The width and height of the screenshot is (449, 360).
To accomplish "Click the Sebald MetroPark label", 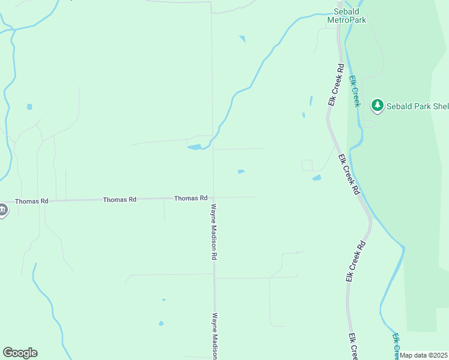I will tap(346, 16).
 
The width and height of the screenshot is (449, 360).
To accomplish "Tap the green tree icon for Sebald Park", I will tap(377, 106).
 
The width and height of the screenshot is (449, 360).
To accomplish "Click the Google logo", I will tap(20, 353).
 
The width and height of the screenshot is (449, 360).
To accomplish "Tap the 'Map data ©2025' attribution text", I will tap(424, 355).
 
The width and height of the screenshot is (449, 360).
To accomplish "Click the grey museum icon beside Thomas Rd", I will tap(2, 210).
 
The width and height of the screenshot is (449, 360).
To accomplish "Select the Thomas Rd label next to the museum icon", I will tap(31, 202).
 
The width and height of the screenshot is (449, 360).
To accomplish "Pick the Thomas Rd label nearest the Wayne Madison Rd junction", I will tap(191, 198).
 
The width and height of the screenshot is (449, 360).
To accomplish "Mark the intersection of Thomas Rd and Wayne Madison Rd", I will tap(213, 197).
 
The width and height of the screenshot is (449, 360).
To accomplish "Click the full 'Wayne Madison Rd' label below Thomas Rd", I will tap(213, 231).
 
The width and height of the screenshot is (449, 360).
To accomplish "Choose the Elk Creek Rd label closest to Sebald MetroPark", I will tap(335, 85).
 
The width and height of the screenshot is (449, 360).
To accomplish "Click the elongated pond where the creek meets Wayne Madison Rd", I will tap(194, 146).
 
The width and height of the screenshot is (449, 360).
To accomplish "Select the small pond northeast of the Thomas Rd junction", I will tap(241, 172).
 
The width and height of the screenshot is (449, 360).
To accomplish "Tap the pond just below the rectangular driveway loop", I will tap(316, 178).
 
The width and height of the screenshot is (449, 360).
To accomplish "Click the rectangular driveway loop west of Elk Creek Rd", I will tap(307, 165).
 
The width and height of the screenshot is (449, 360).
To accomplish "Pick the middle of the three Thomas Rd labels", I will tap(119, 199).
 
